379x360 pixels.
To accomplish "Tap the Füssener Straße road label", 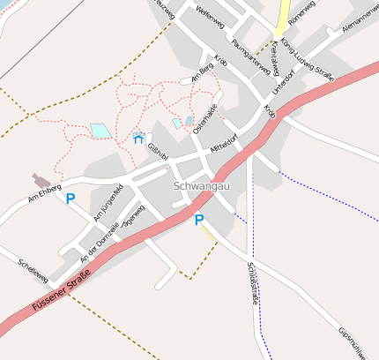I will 61,295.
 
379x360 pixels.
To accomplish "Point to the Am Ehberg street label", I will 44,191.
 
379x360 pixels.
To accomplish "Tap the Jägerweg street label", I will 134,214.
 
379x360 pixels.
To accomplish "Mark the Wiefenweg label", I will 211,13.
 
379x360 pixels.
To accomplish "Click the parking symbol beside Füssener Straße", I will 199,220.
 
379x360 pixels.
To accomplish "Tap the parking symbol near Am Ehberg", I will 70,199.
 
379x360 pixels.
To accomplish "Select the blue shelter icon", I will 138,139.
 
